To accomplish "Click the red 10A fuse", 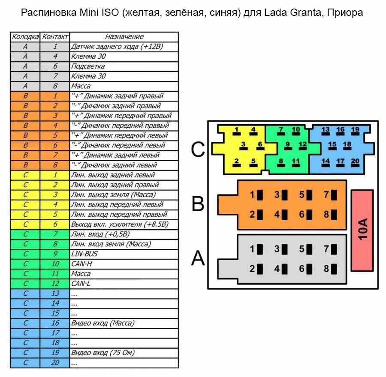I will click(x=362, y=230).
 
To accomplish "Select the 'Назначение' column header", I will click(x=124, y=37).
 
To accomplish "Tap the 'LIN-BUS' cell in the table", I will click(x=124, y=254).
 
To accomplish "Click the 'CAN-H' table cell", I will click(x=124, y=263).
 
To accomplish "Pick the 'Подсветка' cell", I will click(x=124, y=66).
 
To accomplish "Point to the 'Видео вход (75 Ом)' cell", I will click(x=124, y=353).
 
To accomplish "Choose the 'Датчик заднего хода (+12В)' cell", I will click(x=124, y=47).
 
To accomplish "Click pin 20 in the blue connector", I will click(x=355, y=162).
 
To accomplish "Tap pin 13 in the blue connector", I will click(x=326, y=130).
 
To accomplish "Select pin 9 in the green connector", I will click(x=288, y=145).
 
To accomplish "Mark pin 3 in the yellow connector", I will click(x=243, y=145).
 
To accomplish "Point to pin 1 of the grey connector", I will click(x=256, y=249).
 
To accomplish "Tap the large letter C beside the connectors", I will click(x=198, y=150).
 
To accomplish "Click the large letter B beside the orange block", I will click(x=198, y=204).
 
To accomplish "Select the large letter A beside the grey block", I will click(x=198, y=258).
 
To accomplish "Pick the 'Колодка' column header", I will click(x=25, y=37).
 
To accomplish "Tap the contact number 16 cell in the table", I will click(x=55, y=323).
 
